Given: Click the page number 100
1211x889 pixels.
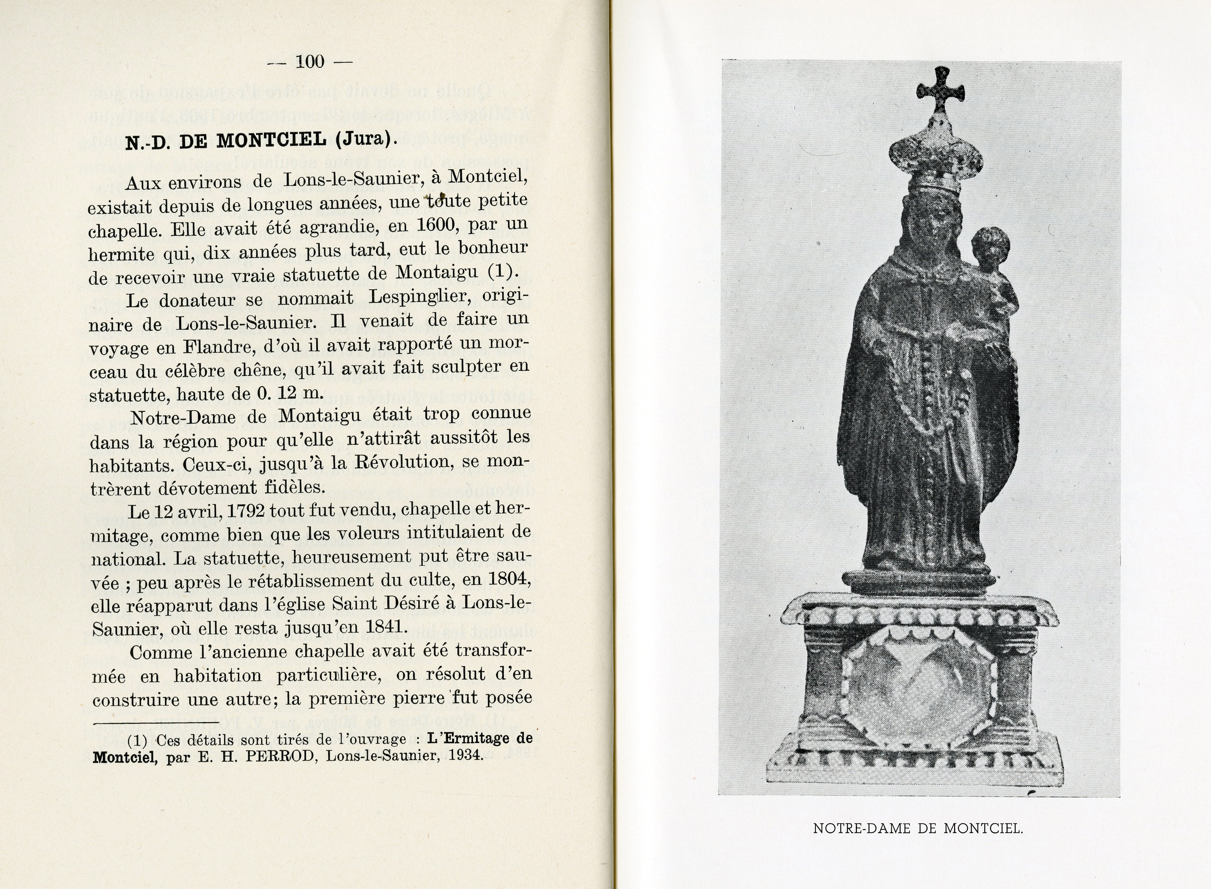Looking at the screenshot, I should tap(310, 62).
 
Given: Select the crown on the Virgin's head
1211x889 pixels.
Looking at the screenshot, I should tap(935, 161).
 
